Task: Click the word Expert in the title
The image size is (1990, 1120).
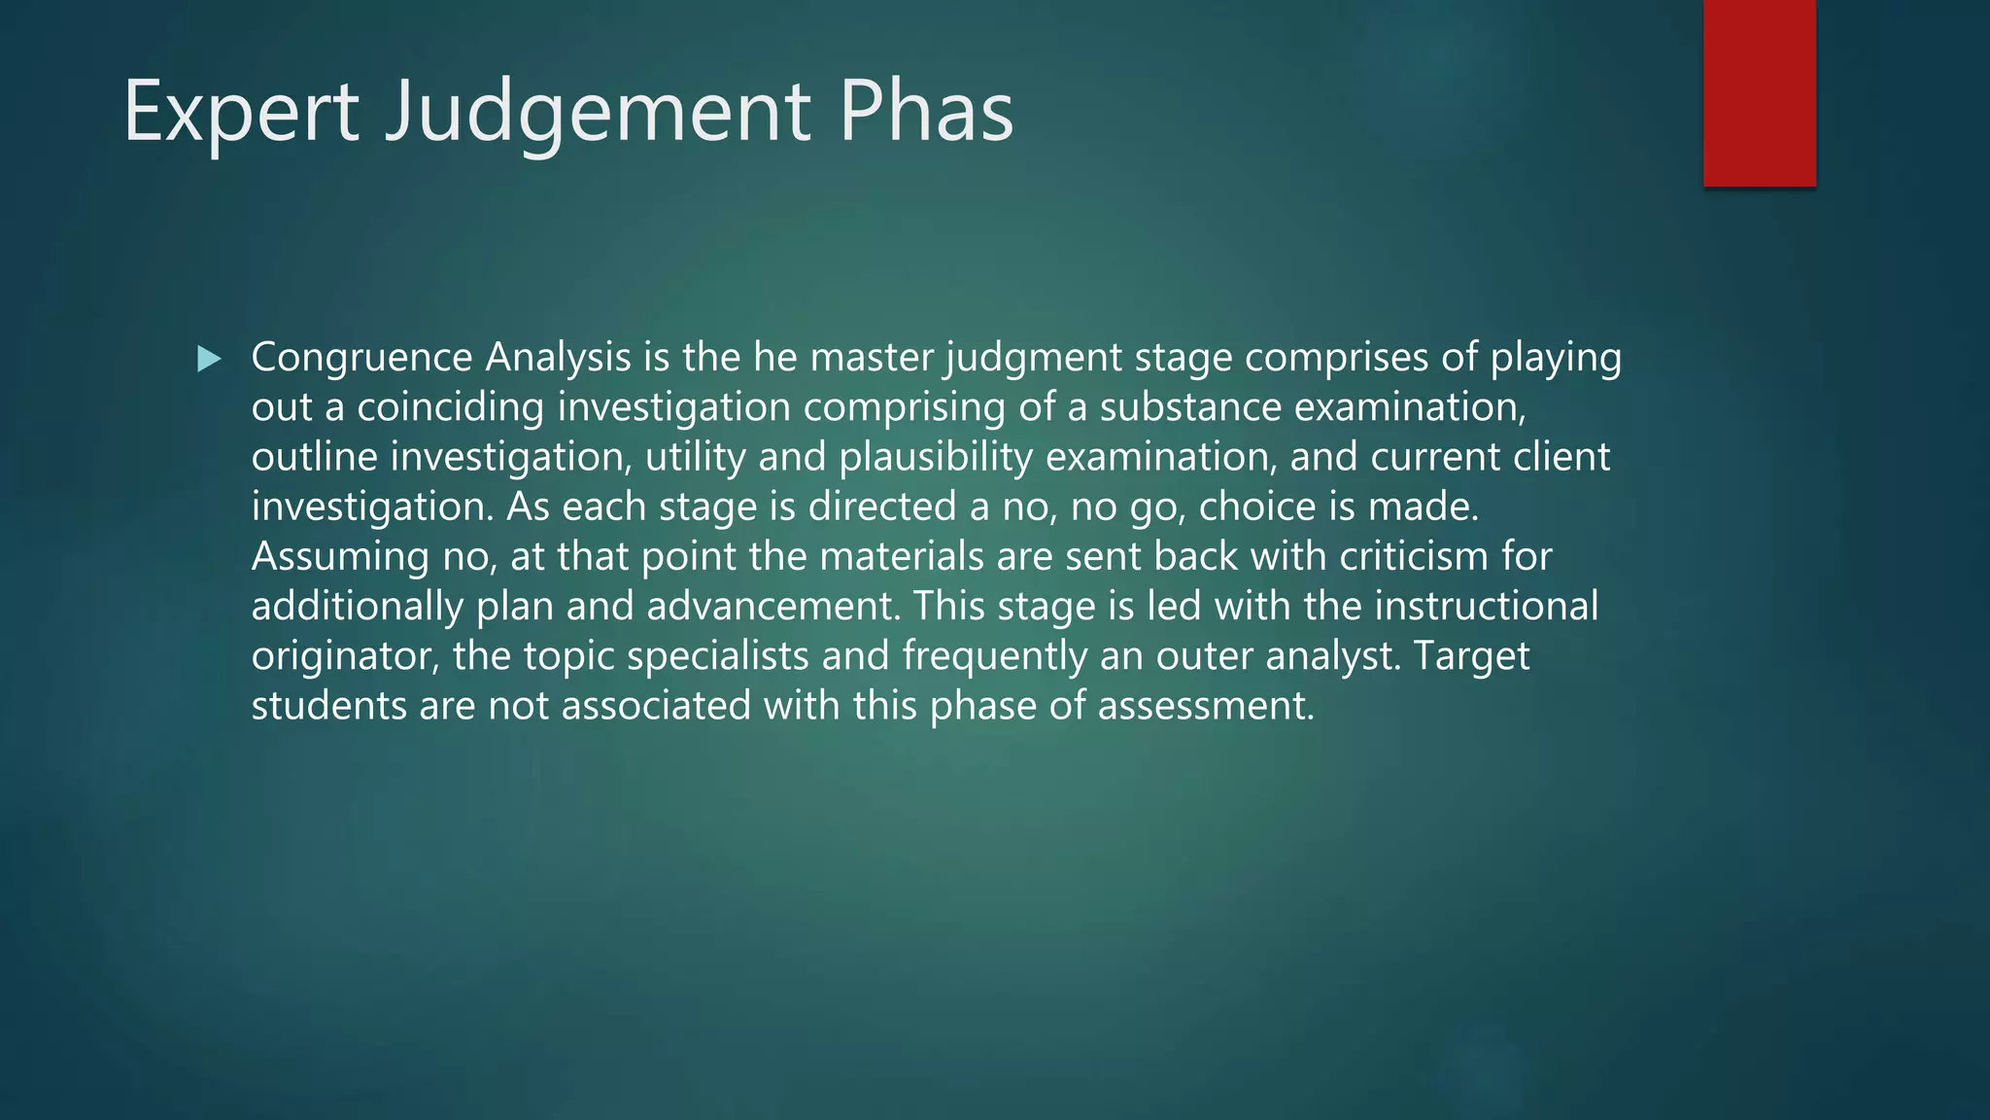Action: pos(241,113)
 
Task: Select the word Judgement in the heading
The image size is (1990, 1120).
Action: pos(598,113)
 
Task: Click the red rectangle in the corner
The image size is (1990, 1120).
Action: pos(1759,93)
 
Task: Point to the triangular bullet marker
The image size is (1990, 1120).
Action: pos(208,360)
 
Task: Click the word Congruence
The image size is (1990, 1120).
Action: pos(361,358)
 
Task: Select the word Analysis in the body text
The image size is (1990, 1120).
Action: pos(558,358)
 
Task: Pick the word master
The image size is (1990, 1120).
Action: pos(871,358)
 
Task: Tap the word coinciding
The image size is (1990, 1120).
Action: pos(450,407)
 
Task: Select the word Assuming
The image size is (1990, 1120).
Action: pos(340,556)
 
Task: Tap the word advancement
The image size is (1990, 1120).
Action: pos(769,607)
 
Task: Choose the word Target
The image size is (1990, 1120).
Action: pos(1471,656)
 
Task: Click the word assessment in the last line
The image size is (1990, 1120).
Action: pos(1205,706)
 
